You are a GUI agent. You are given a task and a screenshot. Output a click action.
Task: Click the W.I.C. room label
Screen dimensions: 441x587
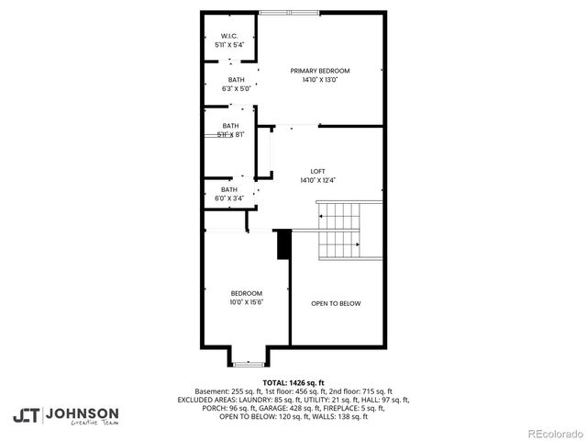point(228,36)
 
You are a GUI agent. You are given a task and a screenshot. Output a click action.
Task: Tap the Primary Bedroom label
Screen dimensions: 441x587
point(320,71)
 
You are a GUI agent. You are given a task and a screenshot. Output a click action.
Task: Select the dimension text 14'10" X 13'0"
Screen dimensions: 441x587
point(320,80)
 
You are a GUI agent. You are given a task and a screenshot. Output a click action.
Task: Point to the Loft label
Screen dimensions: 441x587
point(318,171)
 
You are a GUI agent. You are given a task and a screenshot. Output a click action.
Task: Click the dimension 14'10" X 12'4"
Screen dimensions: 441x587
point(318,180)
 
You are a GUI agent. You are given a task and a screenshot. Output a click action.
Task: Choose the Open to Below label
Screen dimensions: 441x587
point(336,303)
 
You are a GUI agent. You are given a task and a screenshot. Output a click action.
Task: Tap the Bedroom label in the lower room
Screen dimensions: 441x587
point(246,293)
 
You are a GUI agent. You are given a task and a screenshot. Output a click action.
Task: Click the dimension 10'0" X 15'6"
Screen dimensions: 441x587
point(246,302)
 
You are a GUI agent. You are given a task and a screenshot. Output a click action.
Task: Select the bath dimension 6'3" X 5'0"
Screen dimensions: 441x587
point(231,89)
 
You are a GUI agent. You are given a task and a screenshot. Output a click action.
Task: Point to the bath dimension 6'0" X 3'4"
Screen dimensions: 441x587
point(229,198)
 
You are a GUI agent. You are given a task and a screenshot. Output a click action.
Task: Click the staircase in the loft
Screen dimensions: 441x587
point(340,231)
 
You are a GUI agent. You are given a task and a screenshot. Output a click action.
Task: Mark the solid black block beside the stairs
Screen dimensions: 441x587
point(283,245)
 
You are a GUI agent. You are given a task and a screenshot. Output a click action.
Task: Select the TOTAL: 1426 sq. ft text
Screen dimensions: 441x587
point(293,382)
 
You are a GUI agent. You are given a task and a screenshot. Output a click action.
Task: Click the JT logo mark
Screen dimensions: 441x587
point(27,415)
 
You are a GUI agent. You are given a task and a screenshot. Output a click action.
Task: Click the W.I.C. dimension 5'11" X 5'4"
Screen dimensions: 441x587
point(229,45)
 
